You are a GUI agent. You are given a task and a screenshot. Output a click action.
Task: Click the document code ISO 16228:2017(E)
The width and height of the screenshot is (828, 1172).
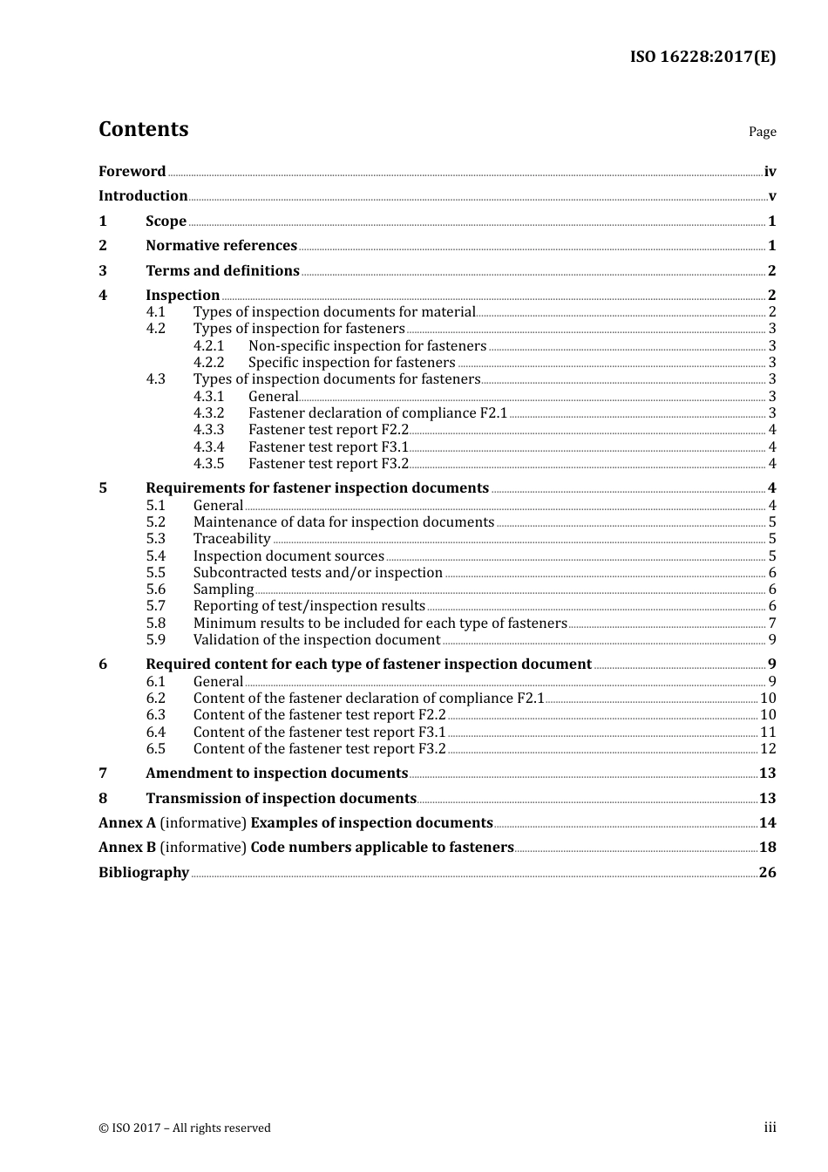point(702,58)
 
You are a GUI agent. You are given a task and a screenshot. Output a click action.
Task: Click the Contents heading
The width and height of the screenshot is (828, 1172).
point(143,129)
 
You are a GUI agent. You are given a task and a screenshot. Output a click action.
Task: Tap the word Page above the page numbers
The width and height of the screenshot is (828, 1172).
point(762,132)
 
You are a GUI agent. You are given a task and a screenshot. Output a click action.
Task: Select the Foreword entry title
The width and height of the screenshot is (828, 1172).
point(132,172)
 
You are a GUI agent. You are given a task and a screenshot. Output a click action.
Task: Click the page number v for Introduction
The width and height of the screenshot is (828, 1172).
point(771,196)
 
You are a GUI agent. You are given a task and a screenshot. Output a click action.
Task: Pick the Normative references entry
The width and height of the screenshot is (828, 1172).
point(221,246)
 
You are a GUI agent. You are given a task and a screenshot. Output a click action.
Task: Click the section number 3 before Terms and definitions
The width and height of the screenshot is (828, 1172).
point(103,271)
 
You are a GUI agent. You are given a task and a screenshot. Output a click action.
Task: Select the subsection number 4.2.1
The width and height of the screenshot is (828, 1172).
point(208,346)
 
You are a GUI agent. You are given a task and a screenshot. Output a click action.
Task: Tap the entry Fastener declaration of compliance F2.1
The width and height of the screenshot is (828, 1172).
point(377,413)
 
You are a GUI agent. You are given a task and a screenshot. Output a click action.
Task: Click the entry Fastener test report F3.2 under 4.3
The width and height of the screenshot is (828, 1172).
point(329,464)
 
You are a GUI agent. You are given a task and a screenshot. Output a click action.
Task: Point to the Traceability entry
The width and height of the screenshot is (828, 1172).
point(232,539)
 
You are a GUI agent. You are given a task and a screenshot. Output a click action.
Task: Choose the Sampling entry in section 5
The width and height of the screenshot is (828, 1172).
point(223,589)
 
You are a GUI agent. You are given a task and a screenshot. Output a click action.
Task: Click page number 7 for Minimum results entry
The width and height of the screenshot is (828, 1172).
point(771,623)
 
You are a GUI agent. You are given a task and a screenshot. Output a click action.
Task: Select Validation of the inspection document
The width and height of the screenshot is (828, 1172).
point(316,640)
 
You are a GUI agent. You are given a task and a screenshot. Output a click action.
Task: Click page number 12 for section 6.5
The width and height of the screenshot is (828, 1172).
point(768,749)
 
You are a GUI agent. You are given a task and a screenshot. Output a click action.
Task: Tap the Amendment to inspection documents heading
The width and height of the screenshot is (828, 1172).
point(276,773)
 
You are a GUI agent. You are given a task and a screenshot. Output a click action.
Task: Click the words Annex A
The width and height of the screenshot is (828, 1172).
point(121,823)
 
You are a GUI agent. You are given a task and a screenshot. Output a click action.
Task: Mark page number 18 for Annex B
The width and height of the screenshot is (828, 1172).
point(767,848)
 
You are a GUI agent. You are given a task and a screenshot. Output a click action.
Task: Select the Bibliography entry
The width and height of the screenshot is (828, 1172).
point(144,873)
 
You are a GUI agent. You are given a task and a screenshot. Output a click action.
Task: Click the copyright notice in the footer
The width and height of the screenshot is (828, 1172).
point(185,1128)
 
